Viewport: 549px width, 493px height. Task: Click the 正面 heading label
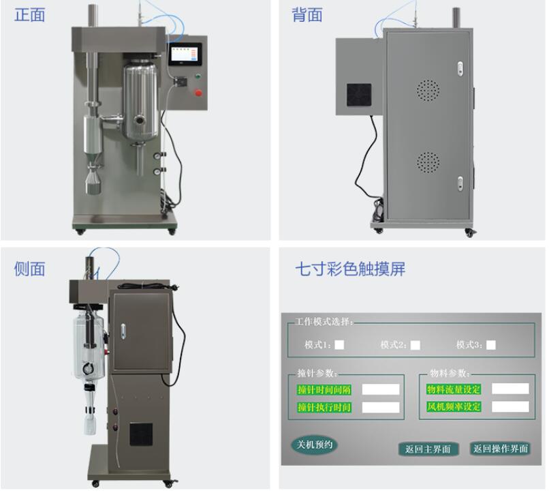click(x=29, y=15)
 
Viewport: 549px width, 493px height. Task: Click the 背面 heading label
click(x=307, y=15)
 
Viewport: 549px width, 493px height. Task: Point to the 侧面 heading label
click(x=29, y=269)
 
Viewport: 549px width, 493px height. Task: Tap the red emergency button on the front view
click(x=198, y=93)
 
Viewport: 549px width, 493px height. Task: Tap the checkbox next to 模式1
click(x=339, y=345)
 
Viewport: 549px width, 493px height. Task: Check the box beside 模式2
click(x=415, y=345)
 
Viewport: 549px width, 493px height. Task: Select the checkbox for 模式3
click(x=491, y=345)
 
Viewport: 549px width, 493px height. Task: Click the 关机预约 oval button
click(x=315, y=445)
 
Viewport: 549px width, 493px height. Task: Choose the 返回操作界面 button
click(x=501, y=449)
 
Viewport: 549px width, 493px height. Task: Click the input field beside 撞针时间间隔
click(x=381, y=389)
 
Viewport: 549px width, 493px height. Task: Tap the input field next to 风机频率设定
click(x=510, y=406)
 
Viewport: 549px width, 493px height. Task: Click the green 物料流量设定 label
click(x=454, y=389)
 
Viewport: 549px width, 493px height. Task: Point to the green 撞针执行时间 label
click(x=324, y=407)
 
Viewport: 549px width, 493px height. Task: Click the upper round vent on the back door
click(x=428, y=90)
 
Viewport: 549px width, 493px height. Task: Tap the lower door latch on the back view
click(x=460, y=183)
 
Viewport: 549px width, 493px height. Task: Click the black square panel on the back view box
click(x=359, y=95)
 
